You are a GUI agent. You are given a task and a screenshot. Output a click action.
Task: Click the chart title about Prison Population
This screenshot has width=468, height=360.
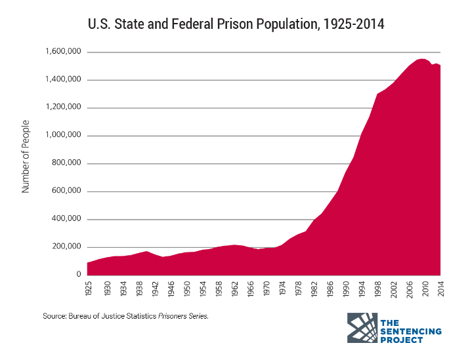[x=236, y=24]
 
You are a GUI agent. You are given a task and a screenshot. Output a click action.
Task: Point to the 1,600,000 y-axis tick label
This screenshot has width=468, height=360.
[x=63, y=52]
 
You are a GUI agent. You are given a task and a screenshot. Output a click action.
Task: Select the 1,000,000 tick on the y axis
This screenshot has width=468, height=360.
[x=63, y=136]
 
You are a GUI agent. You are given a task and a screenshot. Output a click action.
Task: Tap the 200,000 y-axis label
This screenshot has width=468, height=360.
[x=67, y=247]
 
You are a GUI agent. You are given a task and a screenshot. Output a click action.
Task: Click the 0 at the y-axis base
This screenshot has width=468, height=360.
[x=78, y=275]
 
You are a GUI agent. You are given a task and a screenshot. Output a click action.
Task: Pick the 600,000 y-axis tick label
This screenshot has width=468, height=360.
[x=67, y=191]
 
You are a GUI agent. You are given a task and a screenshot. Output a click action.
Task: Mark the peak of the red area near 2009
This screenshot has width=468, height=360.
[x=420, y=59]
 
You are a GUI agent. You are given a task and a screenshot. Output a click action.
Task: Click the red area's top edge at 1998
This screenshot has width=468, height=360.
[x=377, y=94]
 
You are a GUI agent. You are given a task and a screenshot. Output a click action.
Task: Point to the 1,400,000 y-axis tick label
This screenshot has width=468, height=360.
[x=63, y=80]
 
